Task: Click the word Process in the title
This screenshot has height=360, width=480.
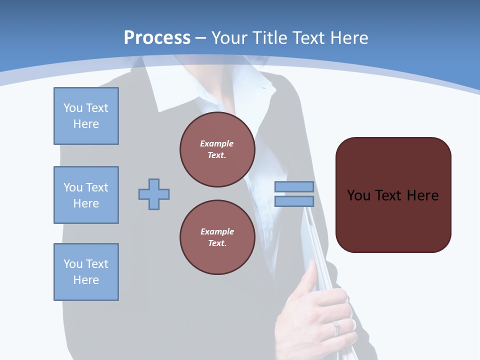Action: click(x=157, y=37)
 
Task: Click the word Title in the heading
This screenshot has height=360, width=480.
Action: click(x=269, y=37)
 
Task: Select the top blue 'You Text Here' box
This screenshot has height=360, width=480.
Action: click(x=86, y=116)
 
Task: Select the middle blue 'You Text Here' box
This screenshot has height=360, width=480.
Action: click(x=86, y=195)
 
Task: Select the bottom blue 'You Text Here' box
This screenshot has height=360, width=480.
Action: click(x=86, y=271)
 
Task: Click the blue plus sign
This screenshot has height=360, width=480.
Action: click(x=154, y=194)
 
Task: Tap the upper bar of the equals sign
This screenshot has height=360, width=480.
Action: click(x=294, y=186)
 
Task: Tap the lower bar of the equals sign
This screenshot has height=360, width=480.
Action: click(x=294, y=201)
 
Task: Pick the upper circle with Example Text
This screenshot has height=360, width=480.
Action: click(x=217, y=149)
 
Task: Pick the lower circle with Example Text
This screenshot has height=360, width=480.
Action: click(x=217, y=237)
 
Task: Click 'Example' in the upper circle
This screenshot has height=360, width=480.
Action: click(x=217, y=143)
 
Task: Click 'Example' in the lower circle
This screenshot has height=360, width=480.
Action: click(x=217, y=231)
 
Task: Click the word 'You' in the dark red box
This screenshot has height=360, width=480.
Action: click(x=358, y=195)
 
